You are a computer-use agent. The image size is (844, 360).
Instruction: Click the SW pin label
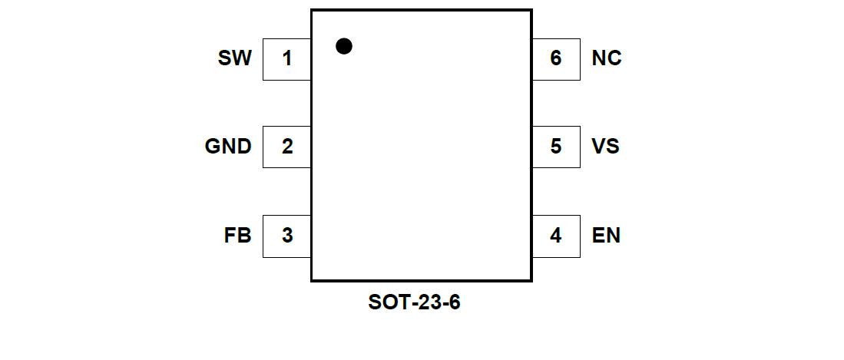click(234, 58)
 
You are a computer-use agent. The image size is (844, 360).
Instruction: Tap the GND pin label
click(228, 147)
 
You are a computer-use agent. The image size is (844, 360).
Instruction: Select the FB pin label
click(237, 236)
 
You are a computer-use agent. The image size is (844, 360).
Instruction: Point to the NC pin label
click(607, 58)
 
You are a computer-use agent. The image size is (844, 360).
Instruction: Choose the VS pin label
click(606, 147)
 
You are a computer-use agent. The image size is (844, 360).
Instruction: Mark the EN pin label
click(606, 236)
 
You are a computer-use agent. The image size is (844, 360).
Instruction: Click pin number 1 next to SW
click(286, 58)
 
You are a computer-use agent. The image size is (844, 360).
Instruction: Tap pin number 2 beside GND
click(286, 147)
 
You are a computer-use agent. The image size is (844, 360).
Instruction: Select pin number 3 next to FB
click(286, 236)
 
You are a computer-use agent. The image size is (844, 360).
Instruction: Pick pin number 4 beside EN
click(555, 236)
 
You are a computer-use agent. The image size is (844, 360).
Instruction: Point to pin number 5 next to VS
click(555, 147)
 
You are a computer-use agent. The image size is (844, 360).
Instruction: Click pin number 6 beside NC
click(555, 58)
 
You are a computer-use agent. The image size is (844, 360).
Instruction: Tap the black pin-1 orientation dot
click(344, 46)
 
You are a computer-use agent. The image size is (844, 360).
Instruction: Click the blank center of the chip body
click(421, 154)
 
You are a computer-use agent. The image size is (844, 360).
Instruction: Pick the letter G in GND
click(213, 147)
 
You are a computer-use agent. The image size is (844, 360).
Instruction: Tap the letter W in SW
click(242, 58)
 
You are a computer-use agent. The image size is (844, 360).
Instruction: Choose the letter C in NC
click(614, 58)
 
